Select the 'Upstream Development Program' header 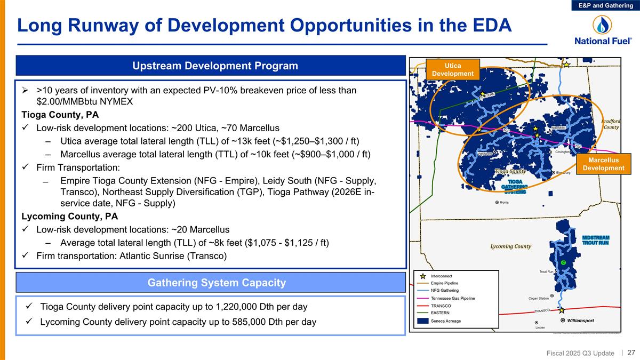pos(211,66)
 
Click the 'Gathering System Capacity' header pos(211,282)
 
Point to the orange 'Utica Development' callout pos(452,69)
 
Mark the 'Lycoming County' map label pos(510,246)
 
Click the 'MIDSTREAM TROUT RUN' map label pos(595,240)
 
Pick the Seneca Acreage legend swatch pos(423,321)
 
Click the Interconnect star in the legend pos(423,276)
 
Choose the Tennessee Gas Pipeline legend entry pos(453,298)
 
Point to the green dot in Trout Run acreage pos(563,263)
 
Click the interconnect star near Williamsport pos(562,309)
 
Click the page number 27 pos(631,353)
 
